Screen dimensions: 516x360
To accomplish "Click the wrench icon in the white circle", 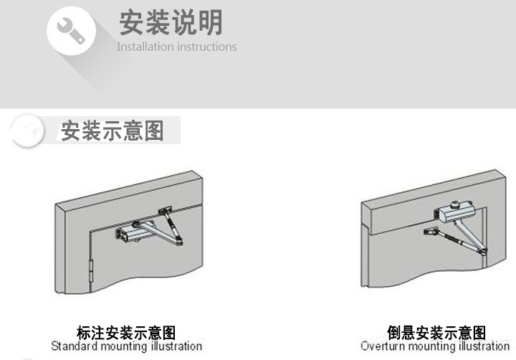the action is click(x=71, y=29).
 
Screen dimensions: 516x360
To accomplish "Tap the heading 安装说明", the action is click(x=171, y=22).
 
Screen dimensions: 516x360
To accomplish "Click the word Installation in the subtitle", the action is click(x=145, y=47).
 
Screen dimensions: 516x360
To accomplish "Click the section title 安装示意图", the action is click(x=113, y=131).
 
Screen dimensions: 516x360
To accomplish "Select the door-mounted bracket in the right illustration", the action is click(x=431, y=232).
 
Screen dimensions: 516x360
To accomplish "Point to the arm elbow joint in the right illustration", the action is click(x=485, y=250).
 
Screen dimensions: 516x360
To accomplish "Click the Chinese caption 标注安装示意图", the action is click(x=126, y=333).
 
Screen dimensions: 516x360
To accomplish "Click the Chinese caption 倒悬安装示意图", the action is click(x=436, y=333).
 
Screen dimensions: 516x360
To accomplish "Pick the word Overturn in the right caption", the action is click(x=382, y=346).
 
